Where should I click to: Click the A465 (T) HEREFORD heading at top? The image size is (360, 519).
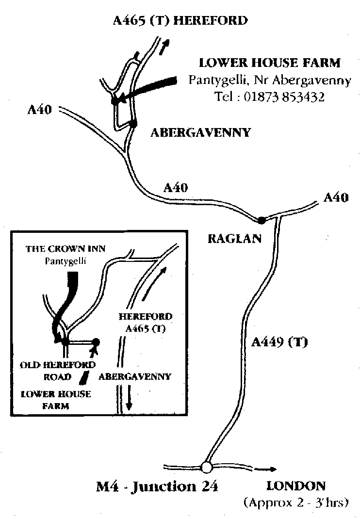[x=180, y=21]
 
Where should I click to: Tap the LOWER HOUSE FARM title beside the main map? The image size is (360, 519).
[x=270, y=63]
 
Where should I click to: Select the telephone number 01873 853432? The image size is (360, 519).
[x=284, y=97]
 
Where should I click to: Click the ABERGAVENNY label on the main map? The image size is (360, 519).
[x=200, y=132]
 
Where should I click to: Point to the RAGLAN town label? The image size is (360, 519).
[x=234, y=239]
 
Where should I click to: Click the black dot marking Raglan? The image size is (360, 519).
[x=262, y=220]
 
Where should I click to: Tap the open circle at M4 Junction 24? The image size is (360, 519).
[x=207, y=467]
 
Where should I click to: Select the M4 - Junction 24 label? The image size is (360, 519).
[x=157, y=486]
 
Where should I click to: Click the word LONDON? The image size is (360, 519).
[x=296, y=486]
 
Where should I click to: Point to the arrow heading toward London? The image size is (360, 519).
[x=267, y=469]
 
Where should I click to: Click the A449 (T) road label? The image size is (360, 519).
[x=279, y=342]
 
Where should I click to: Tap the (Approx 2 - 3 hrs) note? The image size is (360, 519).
[x=296, y=502]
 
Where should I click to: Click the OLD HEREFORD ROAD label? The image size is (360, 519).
[x=57, y=371]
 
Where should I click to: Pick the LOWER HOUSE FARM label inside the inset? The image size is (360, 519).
[x=56, y=400]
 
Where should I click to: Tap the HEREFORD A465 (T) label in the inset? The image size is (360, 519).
[x=145, y=323]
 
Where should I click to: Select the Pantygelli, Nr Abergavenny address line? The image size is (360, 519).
[x=269, y=80]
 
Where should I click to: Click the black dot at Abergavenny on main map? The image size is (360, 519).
[x=133, y=123]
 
